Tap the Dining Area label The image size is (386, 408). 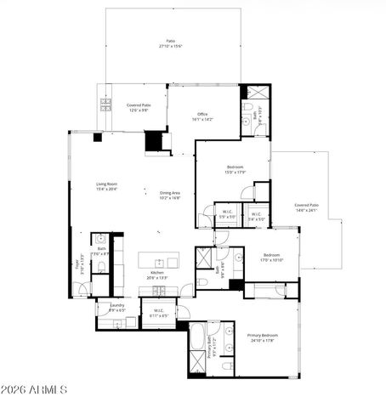[170, 195]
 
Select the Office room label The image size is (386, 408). [202, 117]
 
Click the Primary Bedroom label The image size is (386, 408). [262, 337]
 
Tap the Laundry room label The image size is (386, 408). [117, 308]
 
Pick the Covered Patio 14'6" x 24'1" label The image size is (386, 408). [306, 207]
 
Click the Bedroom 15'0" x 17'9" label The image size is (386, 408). [235, 169]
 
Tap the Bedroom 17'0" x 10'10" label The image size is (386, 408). [271, 258]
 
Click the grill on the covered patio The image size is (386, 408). [106, 105]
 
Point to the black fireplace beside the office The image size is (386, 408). [155, 140]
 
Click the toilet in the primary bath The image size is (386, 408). [227, 365]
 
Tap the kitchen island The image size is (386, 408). [160, 260]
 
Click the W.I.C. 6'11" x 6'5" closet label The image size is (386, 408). [159, 313]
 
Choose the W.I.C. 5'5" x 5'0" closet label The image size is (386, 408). [227, 215]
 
